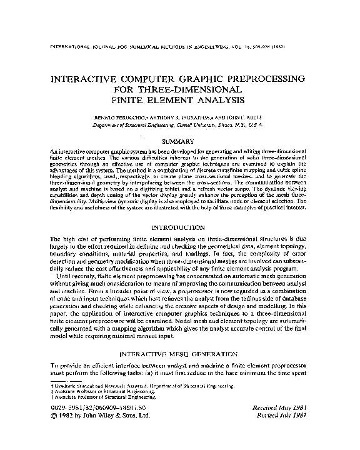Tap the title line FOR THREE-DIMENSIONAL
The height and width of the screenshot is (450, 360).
(179, 90)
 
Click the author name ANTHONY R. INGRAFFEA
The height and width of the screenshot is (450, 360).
(186, 118)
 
